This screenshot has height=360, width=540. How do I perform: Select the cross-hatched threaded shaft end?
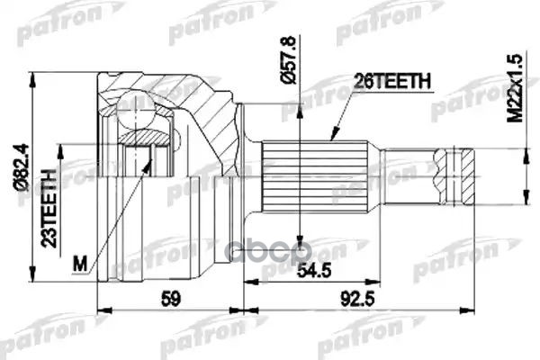coord(454,173)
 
